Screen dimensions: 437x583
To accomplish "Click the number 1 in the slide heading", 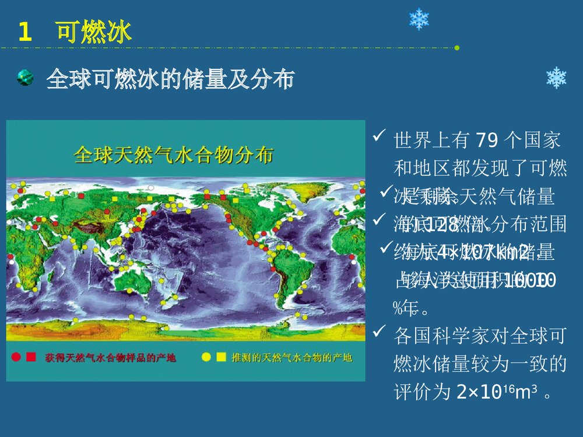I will tap(24, 32).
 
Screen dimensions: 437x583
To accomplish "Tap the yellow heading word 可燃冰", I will tap(94, 31).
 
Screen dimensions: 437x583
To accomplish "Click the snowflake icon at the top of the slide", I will tap(419, 19).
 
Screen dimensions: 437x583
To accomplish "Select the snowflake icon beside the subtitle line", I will tap(556, 78).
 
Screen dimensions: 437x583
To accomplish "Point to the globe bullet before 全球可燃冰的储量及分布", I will tap(25, 77).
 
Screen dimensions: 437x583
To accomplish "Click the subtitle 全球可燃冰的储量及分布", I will tap(170, 79).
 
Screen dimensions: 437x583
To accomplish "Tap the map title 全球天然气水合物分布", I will tap(174, 156).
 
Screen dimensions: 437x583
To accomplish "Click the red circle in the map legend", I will tap(16, 357).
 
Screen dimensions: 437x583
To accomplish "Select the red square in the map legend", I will tap(31, 357).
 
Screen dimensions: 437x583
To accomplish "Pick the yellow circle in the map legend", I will tap(206, 357).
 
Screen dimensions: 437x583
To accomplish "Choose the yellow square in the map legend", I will tap(220, 357).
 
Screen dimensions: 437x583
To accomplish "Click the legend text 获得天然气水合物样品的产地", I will tap(110, 357).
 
